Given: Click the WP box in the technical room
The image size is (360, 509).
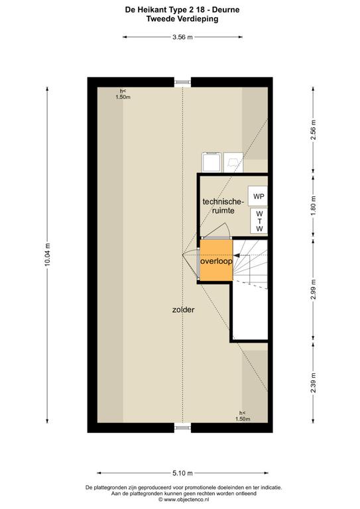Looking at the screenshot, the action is click(258, 196).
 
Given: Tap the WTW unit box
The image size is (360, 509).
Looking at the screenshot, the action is click(259, 221).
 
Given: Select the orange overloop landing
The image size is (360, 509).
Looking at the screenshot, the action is click(216, 260).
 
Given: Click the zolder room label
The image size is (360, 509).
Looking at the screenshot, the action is click(184, 310).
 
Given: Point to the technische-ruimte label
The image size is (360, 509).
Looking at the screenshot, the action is click(223, 206).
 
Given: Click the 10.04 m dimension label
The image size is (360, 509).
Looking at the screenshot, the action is click(47, 254).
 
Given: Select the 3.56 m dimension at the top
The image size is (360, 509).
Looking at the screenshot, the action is click(182, 37).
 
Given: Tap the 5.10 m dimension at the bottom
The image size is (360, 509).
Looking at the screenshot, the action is click(182, 473).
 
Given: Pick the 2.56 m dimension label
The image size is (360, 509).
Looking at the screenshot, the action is click(313, 129).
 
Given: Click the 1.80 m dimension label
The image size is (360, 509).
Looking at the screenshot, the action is click(313, 206).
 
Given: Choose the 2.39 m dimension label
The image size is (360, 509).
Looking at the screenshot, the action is click(313, 382).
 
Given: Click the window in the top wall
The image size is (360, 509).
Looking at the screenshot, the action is click(182, 82).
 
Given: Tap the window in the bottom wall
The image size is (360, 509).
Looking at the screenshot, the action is click(182, 428).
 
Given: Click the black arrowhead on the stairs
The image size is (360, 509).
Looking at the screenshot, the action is click(237, 255).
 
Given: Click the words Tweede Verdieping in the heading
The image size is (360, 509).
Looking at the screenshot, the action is click(182, 19).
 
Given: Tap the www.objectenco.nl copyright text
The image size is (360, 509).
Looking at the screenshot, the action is click(184, 500).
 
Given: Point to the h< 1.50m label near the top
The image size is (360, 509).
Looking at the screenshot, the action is click(123, 94).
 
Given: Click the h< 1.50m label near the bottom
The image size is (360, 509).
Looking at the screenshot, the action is click(243, 416).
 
